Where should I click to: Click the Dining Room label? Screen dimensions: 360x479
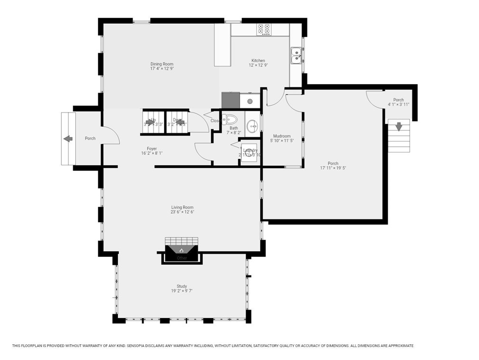click(x=162, y=64)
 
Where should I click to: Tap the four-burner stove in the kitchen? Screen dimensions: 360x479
click(x=264, y=29)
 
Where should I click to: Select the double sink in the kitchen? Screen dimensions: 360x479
click(x=296, y=56)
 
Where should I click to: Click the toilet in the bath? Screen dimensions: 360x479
click(x=230, y=119)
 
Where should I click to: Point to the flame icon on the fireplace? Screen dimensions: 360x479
click(x=181, y=250)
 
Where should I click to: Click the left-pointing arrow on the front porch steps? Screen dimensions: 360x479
click(x=67, y=139)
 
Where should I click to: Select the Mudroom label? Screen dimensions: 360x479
click(x=280, y=136)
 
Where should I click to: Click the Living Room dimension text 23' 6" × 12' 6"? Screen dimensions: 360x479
click(x=182, y=212)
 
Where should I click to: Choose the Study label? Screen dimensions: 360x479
click(x=182, y=286)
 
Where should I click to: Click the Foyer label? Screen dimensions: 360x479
click(x=152, y=149)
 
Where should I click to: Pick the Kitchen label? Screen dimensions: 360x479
click(x=258, y=61)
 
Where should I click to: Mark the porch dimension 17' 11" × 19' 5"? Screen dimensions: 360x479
click(x=333, y=168)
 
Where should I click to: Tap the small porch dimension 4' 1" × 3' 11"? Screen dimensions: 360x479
click(x=398, y=104)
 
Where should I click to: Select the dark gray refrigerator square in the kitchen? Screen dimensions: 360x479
click(x=230, y=100)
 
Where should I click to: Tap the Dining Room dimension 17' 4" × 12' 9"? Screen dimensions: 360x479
click(x=162, y=69)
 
